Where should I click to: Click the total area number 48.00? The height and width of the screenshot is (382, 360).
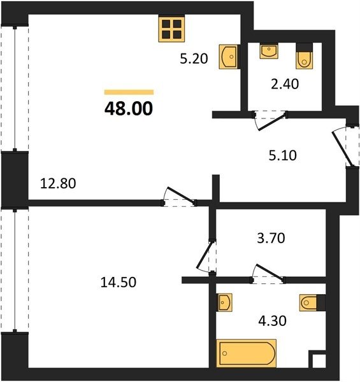point(129,109)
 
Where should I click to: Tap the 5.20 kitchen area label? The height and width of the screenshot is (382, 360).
point(194,59)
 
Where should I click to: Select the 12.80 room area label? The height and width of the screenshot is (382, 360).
point(58,183)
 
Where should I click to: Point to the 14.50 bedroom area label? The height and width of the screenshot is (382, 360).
point(119,282)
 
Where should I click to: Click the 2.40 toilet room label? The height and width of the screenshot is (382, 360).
point(285,84)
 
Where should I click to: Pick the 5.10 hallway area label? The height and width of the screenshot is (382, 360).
point(283,155)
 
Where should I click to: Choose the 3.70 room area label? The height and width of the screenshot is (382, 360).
point(271,238)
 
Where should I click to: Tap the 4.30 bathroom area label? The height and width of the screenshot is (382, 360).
point(272,321)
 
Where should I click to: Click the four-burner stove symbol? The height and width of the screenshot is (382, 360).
point(171,29)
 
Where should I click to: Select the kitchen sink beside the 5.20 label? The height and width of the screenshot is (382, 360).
point(228,57)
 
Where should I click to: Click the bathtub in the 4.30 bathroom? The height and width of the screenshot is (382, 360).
point(246,353)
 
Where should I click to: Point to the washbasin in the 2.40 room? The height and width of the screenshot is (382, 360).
point(269,51)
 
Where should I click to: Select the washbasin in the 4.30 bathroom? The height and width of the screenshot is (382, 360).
point(224,302)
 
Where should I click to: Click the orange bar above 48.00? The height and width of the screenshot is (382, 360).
point(129,92)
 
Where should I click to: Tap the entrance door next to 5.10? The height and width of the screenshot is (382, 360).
point(345,146)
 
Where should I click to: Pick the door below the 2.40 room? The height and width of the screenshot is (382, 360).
point(270,120)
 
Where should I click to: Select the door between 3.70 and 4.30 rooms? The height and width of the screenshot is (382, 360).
point(268,274)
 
